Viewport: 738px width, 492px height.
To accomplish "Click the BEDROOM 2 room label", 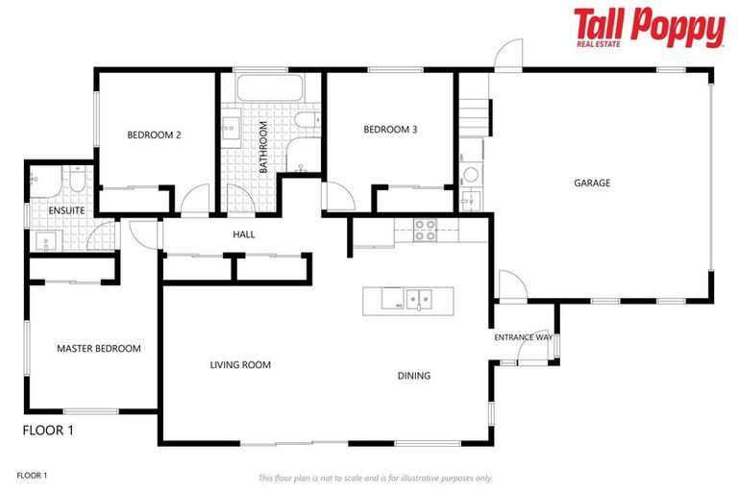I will [x=154, y=135].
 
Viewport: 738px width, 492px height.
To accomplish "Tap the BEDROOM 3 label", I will [x=390, y=130].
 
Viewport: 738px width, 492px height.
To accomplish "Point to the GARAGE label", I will [x=592, y=183].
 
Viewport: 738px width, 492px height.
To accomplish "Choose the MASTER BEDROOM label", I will [x=98, y=349].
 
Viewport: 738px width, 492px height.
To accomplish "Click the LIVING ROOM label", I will [x=240, y=365].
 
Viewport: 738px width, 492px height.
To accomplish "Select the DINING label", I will [x=413, y=376].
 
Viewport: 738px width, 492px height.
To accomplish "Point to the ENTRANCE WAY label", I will [x=523, y=338].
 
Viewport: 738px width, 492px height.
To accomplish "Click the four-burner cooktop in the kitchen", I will [x=425, y=229].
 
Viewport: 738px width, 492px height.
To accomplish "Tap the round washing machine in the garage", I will [x=471, y=176].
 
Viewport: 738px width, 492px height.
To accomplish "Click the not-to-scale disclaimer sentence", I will [x=375, y=478].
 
